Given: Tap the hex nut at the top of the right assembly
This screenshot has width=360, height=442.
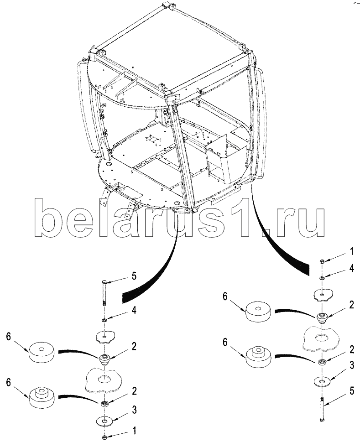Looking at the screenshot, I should tap(322, 261).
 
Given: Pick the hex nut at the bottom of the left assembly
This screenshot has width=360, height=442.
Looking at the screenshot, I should tap(104, 437).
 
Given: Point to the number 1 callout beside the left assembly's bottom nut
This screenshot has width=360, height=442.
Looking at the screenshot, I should tap(134, 430).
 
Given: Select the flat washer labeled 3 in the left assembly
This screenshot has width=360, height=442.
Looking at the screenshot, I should tap(104, 420).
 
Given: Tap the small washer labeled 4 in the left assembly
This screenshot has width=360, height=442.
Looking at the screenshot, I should tap(104, 321).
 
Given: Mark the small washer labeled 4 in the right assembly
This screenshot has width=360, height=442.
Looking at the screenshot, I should tap(322, 278).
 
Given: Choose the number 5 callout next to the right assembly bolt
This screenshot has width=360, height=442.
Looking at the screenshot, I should tap(351, 390).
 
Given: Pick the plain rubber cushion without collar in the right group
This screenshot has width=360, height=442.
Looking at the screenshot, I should tap(259, 313).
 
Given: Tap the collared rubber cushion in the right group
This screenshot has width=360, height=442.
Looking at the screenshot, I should tap(259, 355).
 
